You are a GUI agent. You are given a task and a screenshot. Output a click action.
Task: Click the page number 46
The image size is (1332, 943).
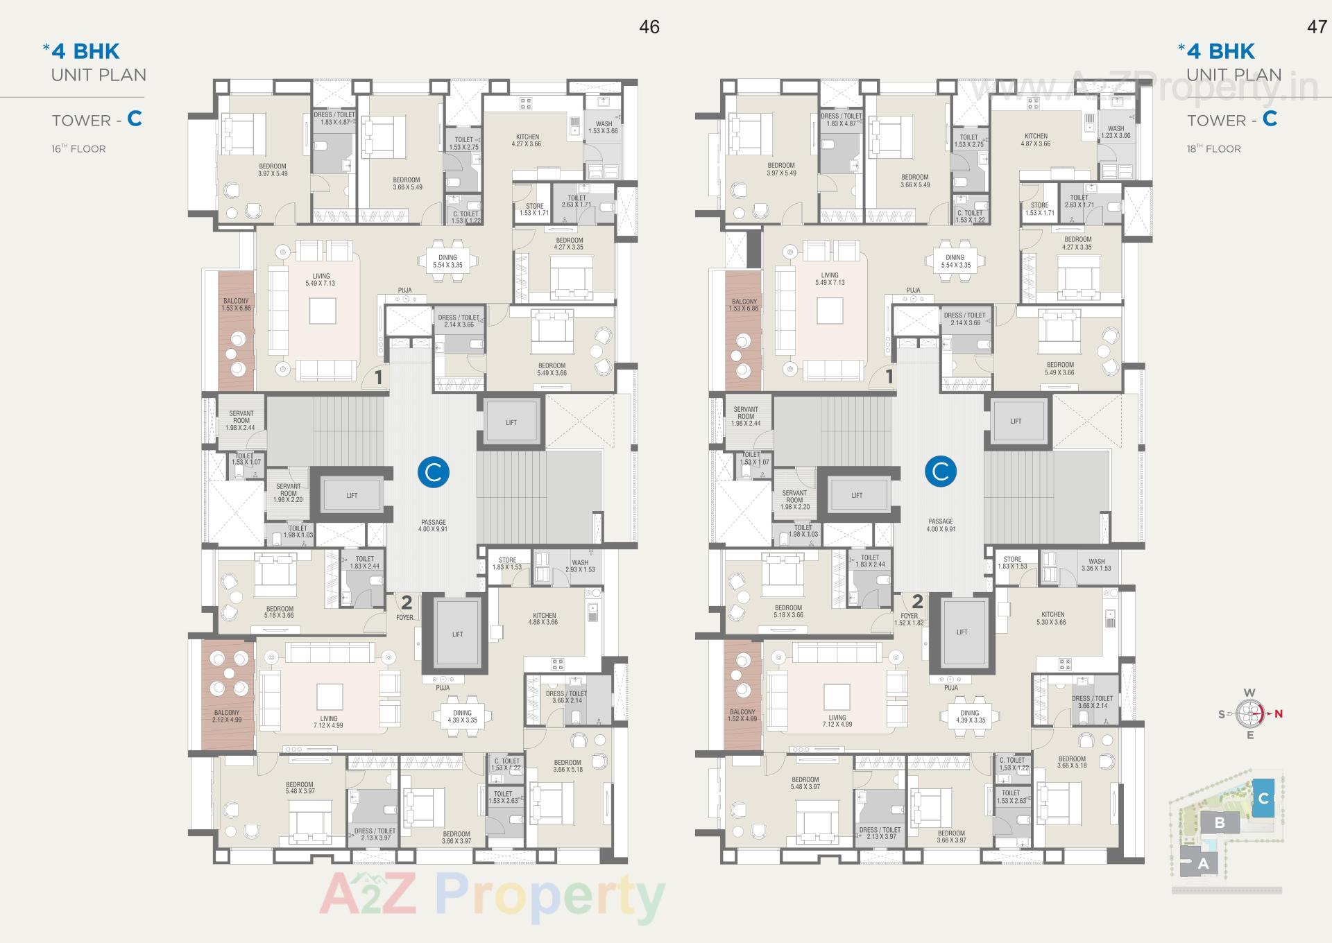[649, 27]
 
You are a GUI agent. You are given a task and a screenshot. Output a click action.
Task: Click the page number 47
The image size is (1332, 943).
[1317, 27]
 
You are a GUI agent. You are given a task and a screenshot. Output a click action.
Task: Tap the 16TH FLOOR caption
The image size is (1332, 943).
[78, 149]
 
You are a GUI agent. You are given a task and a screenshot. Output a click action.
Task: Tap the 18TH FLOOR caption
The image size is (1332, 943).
[1213, 149]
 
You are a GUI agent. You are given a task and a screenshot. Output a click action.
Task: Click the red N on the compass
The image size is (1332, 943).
[1278, 713]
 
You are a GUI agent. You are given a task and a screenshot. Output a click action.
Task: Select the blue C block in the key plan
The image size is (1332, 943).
[1263, 798]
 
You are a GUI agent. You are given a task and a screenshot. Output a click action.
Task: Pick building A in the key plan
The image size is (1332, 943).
[1203, 864]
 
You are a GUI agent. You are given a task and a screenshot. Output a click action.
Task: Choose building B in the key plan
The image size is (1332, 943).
[1220, 823]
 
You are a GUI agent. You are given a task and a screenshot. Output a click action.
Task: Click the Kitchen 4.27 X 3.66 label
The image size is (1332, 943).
[527, 140]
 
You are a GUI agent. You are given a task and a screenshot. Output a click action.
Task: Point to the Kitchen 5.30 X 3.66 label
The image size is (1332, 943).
[1052, 618]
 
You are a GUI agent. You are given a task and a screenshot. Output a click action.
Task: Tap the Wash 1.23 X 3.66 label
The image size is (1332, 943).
[1116, 132]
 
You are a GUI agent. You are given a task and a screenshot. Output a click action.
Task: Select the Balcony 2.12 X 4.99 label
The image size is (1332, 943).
[227, 716]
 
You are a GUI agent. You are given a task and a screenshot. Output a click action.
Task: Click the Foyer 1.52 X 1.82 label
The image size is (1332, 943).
[909, 619]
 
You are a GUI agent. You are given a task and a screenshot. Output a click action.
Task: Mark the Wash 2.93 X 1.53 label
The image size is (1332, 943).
[580, 566]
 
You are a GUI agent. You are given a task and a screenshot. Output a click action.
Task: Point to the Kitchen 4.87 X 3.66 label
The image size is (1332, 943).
[1036, 140]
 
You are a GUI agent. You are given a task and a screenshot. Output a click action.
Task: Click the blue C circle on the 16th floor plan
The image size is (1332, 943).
[434, 472]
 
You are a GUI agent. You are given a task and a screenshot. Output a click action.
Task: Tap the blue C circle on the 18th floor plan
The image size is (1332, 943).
[941, 471]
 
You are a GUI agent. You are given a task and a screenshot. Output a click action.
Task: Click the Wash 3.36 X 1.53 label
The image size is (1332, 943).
[1096, 564]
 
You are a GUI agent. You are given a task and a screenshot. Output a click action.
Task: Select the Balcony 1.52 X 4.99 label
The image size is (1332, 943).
[742, 715]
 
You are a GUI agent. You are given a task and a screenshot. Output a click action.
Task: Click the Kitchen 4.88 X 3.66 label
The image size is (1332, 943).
[545, 618]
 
